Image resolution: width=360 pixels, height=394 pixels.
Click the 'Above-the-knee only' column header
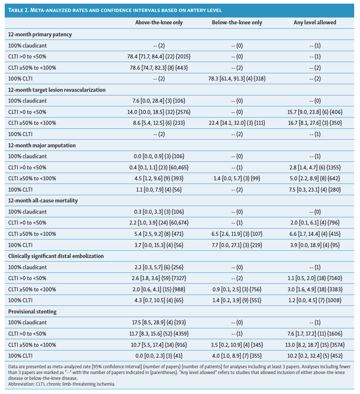(x=159, y=22)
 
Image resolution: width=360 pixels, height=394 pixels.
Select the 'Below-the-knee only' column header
(x=237, y=22)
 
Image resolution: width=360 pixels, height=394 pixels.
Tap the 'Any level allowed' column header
(x=315, y=22)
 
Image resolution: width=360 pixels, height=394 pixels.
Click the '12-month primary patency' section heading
(x=40, y=34)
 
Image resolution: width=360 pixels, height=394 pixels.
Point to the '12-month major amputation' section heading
(x=42, y=145)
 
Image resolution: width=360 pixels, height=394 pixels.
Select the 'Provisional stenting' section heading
(x=32, y=311)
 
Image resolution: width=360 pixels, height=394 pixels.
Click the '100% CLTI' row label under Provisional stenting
(x=20, y=356)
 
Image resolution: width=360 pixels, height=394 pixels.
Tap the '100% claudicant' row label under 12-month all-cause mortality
(x=28, y=212)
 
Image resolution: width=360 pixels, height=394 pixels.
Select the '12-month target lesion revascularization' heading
(x=57, y=90)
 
